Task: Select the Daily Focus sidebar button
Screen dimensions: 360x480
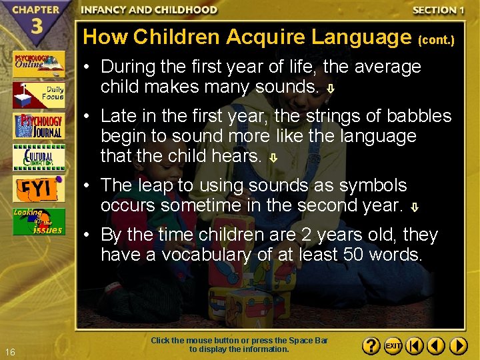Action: tap(39, 95)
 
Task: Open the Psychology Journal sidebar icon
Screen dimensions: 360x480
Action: tap(39, 126)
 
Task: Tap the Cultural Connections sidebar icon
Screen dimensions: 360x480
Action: tap(39, 157)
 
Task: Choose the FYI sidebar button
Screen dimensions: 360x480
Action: tap(39, 189)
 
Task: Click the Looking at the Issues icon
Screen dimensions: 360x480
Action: tap(39, 221)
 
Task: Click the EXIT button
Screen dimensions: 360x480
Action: tap(393, 346)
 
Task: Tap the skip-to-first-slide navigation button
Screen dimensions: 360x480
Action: tap(415, 346)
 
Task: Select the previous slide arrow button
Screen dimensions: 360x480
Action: tap(436, 346)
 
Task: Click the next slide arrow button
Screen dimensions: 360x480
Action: tap(458, 346)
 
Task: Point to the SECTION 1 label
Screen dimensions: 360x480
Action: tap(438, 10)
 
